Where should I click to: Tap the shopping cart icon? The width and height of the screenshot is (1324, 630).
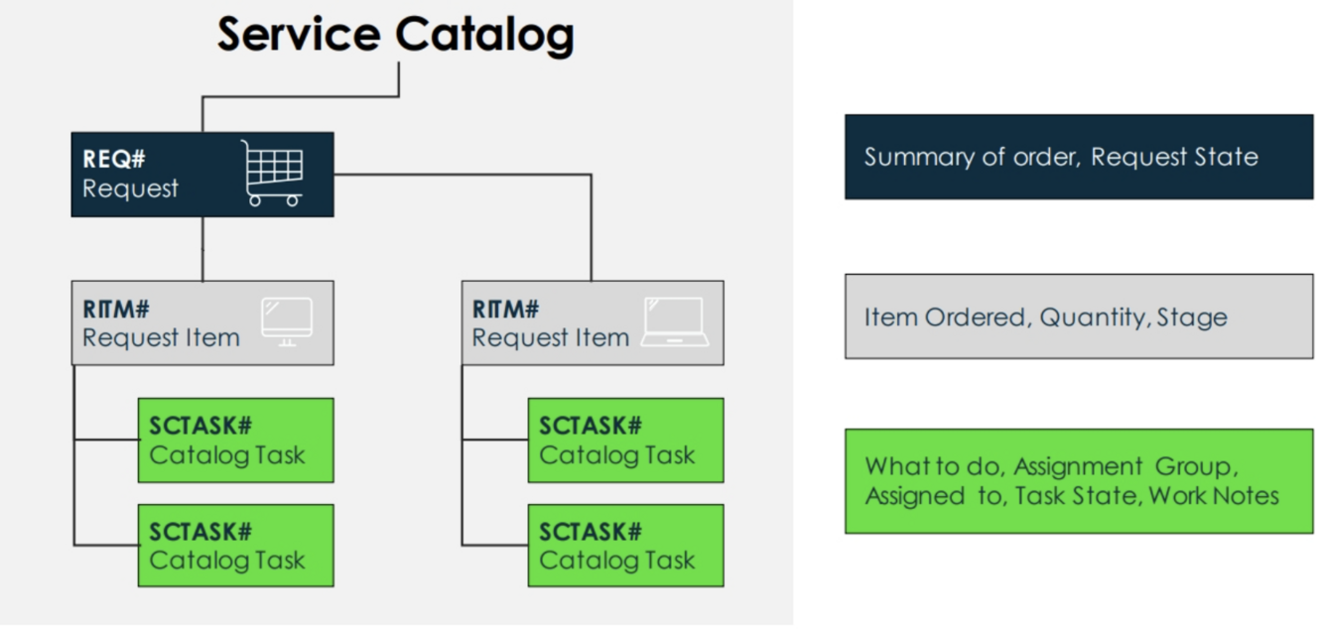coord(273,173)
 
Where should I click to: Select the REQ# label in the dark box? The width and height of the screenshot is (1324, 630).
coord(114,160)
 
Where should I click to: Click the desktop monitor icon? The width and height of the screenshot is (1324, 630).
coord(287,321)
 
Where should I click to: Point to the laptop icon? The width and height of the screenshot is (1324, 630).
coord(675,321)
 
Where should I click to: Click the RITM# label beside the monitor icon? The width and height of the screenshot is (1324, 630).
coord(116,309)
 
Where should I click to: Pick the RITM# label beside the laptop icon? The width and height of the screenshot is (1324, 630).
coord(505,309)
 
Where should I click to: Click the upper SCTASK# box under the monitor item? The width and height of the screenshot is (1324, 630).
coord(235,441)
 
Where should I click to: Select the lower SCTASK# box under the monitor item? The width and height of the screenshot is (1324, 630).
coord(235,546)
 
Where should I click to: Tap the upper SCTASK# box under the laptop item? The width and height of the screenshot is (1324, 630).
coord(625,441)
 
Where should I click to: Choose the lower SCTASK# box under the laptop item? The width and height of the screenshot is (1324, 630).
coord(625,546)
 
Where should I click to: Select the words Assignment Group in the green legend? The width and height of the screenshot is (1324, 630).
coord(1125,466)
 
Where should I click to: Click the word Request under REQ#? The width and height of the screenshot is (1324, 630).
coord(130,189)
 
